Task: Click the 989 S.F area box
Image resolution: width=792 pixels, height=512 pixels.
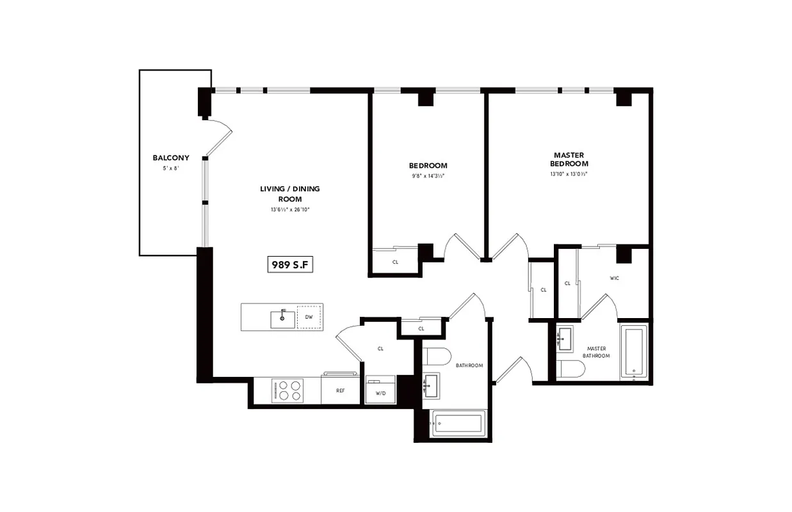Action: click(290, 264)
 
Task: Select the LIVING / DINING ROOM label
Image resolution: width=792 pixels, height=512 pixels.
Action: click(290, 193)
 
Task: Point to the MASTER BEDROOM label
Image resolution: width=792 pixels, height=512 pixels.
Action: click(569, 159)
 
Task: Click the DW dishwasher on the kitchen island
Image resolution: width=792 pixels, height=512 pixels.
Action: click(309, 317)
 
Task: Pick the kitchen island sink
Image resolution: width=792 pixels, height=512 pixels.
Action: click(282, 318)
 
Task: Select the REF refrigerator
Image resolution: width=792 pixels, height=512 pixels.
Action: click(341, 390)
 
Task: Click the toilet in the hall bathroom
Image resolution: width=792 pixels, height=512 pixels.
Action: click(437, 356)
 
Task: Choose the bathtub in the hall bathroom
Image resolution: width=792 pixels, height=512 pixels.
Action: click(457, 423)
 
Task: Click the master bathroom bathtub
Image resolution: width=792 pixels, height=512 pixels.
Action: click(633, 352)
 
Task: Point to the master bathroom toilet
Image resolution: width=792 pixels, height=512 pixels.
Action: click(571, 369)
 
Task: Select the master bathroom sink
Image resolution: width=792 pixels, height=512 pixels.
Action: click(565, 337)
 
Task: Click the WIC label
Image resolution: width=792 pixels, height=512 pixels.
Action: click(615, 278)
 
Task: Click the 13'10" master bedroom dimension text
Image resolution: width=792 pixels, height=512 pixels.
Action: click(569, 173)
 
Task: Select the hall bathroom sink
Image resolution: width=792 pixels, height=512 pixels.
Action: click(430, 385)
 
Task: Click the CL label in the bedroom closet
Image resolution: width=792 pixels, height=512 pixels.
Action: click(395, 262)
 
